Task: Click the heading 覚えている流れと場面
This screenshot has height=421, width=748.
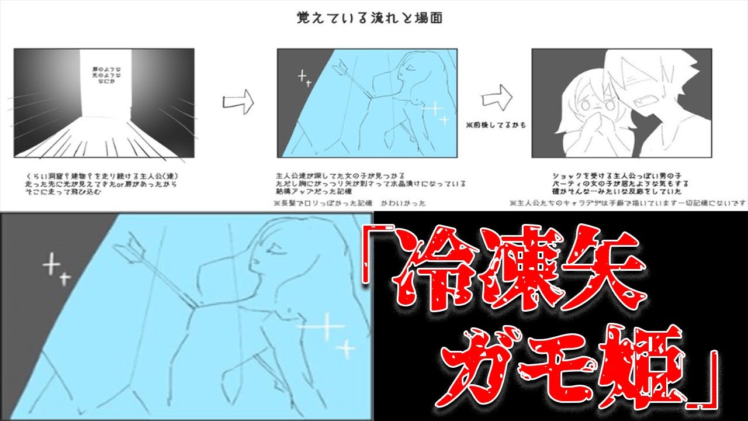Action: [369, 18]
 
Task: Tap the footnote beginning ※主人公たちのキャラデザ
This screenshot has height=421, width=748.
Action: [628, 203]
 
